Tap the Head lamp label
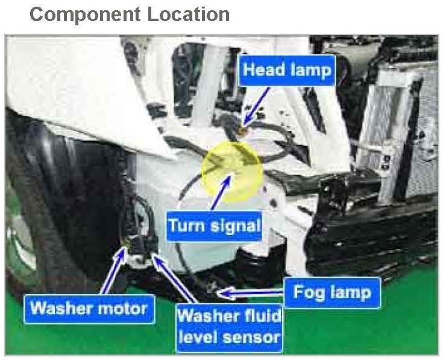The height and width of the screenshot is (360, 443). (286, 71)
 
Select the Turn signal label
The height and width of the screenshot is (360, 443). (214, 226)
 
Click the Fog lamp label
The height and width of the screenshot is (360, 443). (332, 292)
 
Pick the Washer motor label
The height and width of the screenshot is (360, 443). (89, 309)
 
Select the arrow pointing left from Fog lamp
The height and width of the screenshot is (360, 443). (250, 293)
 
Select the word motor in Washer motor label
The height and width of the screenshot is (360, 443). (121, 309)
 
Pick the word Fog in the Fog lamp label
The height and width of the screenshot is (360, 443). (307, 292)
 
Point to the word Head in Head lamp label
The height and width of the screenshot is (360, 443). (262, 71)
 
